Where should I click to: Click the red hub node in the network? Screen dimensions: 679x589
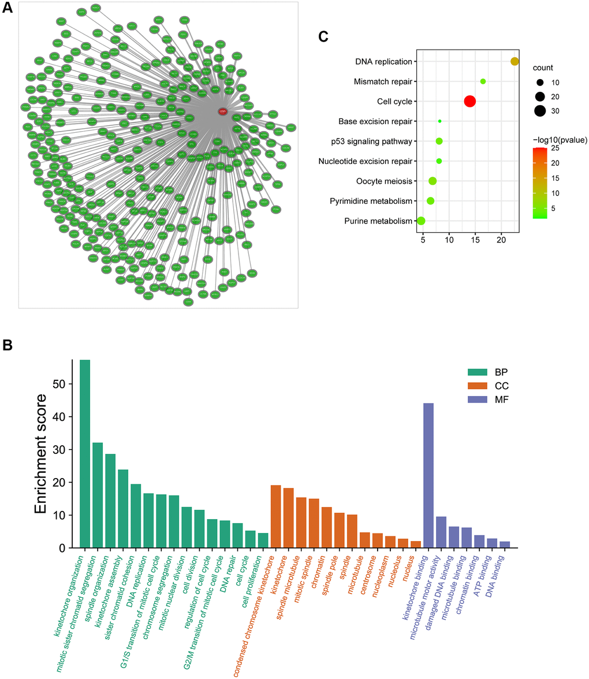pyautogui.click(x=223, y=111)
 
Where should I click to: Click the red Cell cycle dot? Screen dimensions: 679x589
pyautogui.click(x=469, y=102)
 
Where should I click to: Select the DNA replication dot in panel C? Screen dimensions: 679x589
pyautogui.click(x=515, y=62)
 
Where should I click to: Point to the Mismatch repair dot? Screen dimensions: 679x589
pyautogui.click(x=483, y=81)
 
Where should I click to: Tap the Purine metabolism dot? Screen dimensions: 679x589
pyautogui.click(x=421, y=221)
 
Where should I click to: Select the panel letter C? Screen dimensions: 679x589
pyautogui.click(x=323, y=37)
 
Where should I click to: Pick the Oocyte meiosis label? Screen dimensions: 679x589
pyautogui.click(x=386, y=181)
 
